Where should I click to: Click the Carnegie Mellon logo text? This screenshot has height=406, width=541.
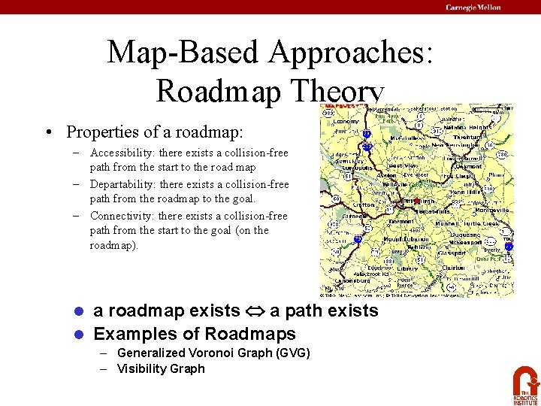tap(473, 7)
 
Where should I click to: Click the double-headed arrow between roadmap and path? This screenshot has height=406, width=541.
tap(255, 311)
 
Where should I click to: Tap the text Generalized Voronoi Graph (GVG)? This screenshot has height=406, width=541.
tap(213, 353)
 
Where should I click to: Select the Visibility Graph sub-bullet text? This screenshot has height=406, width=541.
tap(161, 368)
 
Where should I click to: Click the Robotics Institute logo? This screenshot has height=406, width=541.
tap(525, 384)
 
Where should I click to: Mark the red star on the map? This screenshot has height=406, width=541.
tap(417, 201)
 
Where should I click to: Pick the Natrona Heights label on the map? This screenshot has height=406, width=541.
tap(467, 128)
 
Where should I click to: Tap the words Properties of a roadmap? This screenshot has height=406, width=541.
tap(154, 132)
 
